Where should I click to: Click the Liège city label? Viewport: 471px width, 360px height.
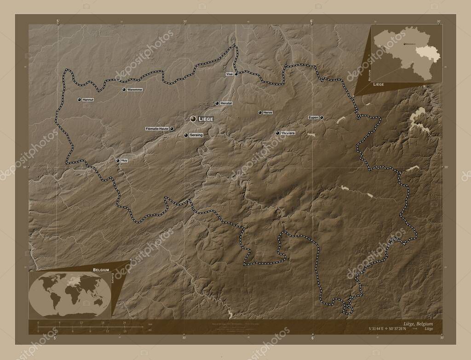click(x=206, y=119)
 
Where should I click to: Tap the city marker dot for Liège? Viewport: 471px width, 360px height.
click(x=193, y=119)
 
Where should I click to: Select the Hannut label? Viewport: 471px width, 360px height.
click(x=88, y=99)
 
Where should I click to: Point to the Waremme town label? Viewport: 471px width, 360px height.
click(x=135, y=89)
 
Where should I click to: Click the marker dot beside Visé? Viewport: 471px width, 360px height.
click(x=236, y=74)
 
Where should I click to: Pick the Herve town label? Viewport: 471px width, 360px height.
click(x=268, y=112)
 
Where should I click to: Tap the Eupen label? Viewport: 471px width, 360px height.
click(x=313, y=118)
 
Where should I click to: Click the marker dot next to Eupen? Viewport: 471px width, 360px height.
click(x=322, y=118)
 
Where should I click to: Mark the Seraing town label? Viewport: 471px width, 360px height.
click(x=196, y=135)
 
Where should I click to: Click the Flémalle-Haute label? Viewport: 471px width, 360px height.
click(x=156, y=129)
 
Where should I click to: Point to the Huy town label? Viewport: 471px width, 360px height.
click(x=124, y=160)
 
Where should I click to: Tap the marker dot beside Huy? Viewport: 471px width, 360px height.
click(x=118, y=160)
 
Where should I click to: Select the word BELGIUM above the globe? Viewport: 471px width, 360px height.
click(x=101, y=267)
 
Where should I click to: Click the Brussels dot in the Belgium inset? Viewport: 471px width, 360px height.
click(x=404, y=44)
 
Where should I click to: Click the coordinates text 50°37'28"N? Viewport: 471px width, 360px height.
click(x=396, y=329)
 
